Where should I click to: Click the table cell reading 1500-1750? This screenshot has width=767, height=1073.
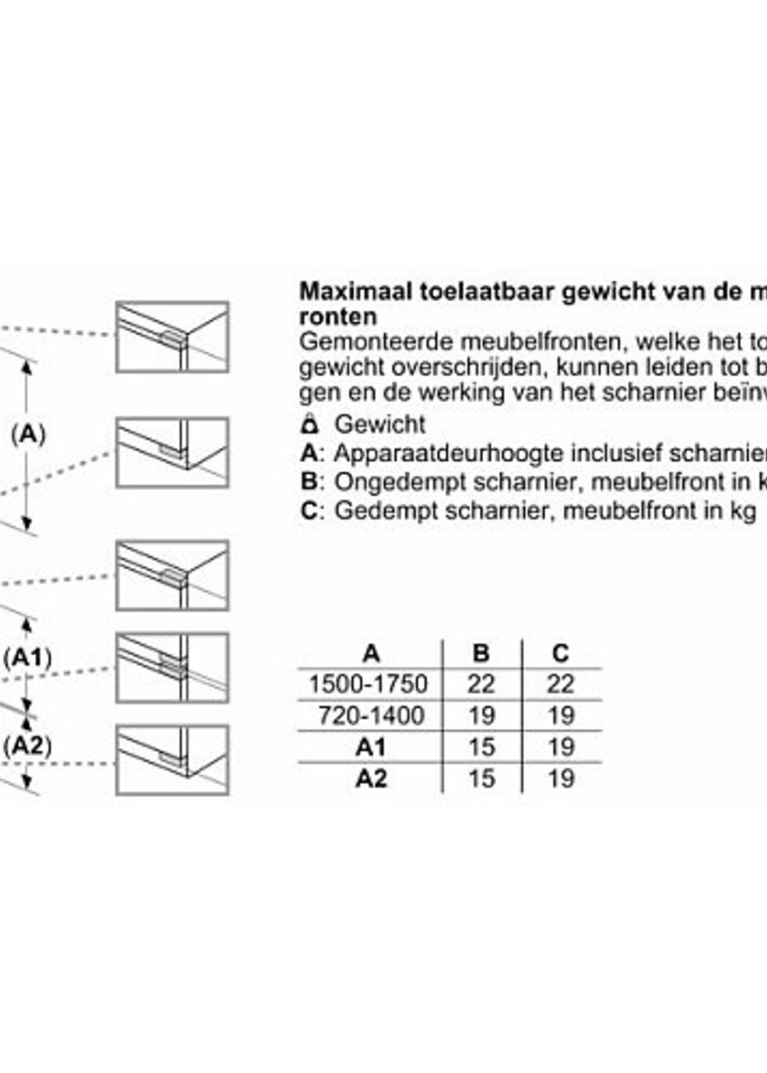coord(368,684)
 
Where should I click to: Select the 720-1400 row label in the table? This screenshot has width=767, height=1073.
coord(371,715)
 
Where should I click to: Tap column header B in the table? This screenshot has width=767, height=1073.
coord(481,654)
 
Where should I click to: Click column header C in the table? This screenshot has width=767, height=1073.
coord(560,654)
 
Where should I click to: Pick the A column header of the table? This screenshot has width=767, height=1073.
coord(371,654)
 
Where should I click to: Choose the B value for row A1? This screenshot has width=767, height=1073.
coord(481,747)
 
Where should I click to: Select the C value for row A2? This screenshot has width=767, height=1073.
coord(561,778)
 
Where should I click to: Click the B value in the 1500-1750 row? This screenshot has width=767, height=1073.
coord(481,684)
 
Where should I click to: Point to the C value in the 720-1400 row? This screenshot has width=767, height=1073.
coord(561,715)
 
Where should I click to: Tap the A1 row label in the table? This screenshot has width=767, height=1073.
coord(371,747)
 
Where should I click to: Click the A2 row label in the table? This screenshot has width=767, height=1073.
coord(371,778)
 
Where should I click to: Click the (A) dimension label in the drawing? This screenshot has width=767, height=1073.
coord(28,434)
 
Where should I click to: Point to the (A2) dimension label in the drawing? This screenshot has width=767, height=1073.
coord(27,746)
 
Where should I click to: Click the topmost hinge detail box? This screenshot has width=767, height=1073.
coord(172,337)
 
